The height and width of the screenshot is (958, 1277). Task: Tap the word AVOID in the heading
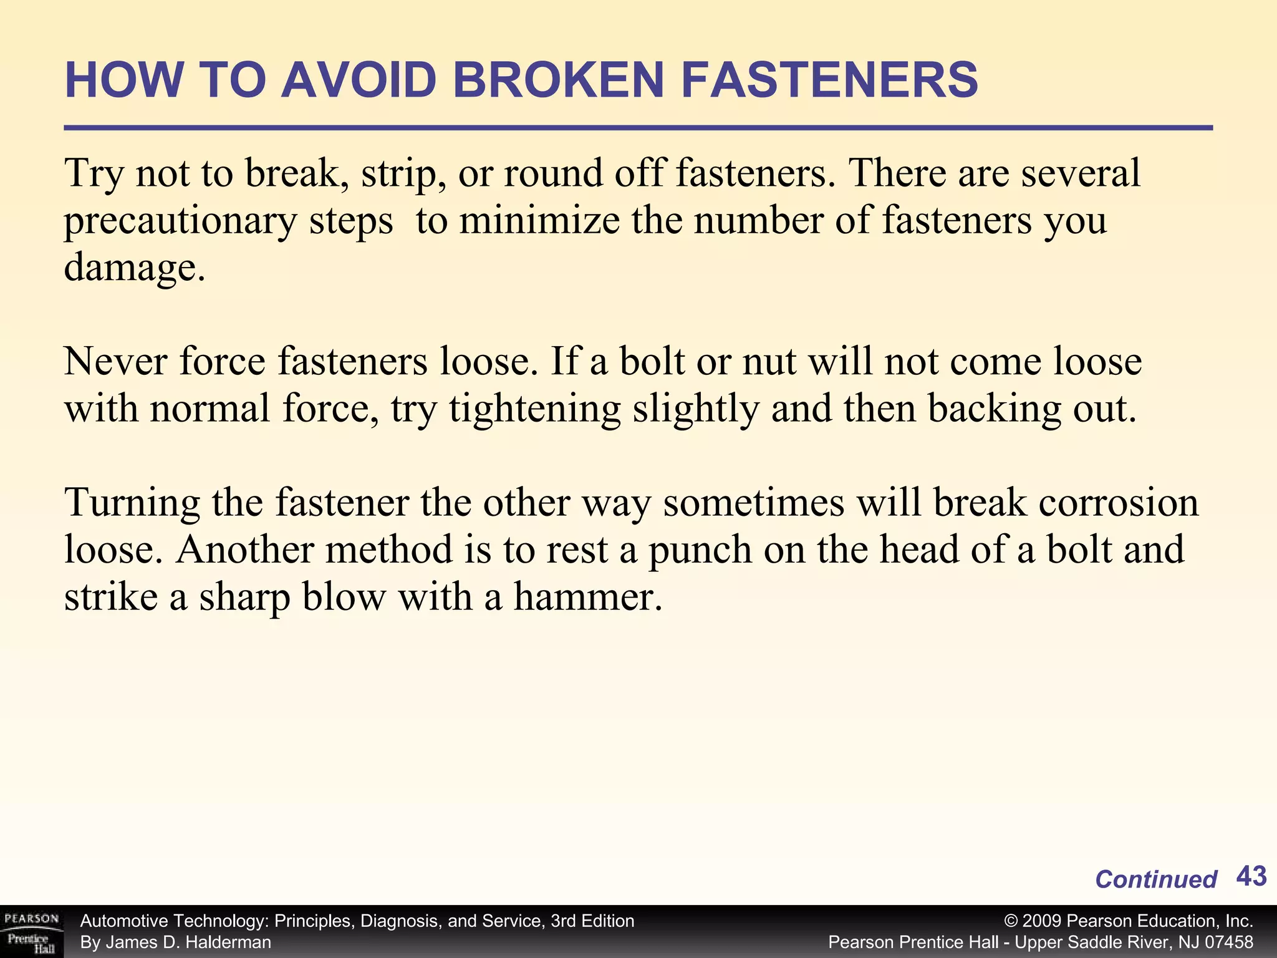coord(358,80)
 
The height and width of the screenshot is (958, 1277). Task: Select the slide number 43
coord(1251,876)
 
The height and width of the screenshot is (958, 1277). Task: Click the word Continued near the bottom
coord(1155,879)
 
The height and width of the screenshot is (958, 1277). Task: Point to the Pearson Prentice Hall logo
coord(31,931)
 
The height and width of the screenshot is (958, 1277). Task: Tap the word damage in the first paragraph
coord(131,268)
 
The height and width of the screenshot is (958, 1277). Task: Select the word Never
coord(115,362)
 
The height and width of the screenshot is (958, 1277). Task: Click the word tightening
coord(534,410)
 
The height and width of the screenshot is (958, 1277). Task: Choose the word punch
coord(700,550)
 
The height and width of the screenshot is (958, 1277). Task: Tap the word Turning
coord(132,504)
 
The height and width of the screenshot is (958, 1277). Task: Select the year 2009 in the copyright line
coord(1042,921)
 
